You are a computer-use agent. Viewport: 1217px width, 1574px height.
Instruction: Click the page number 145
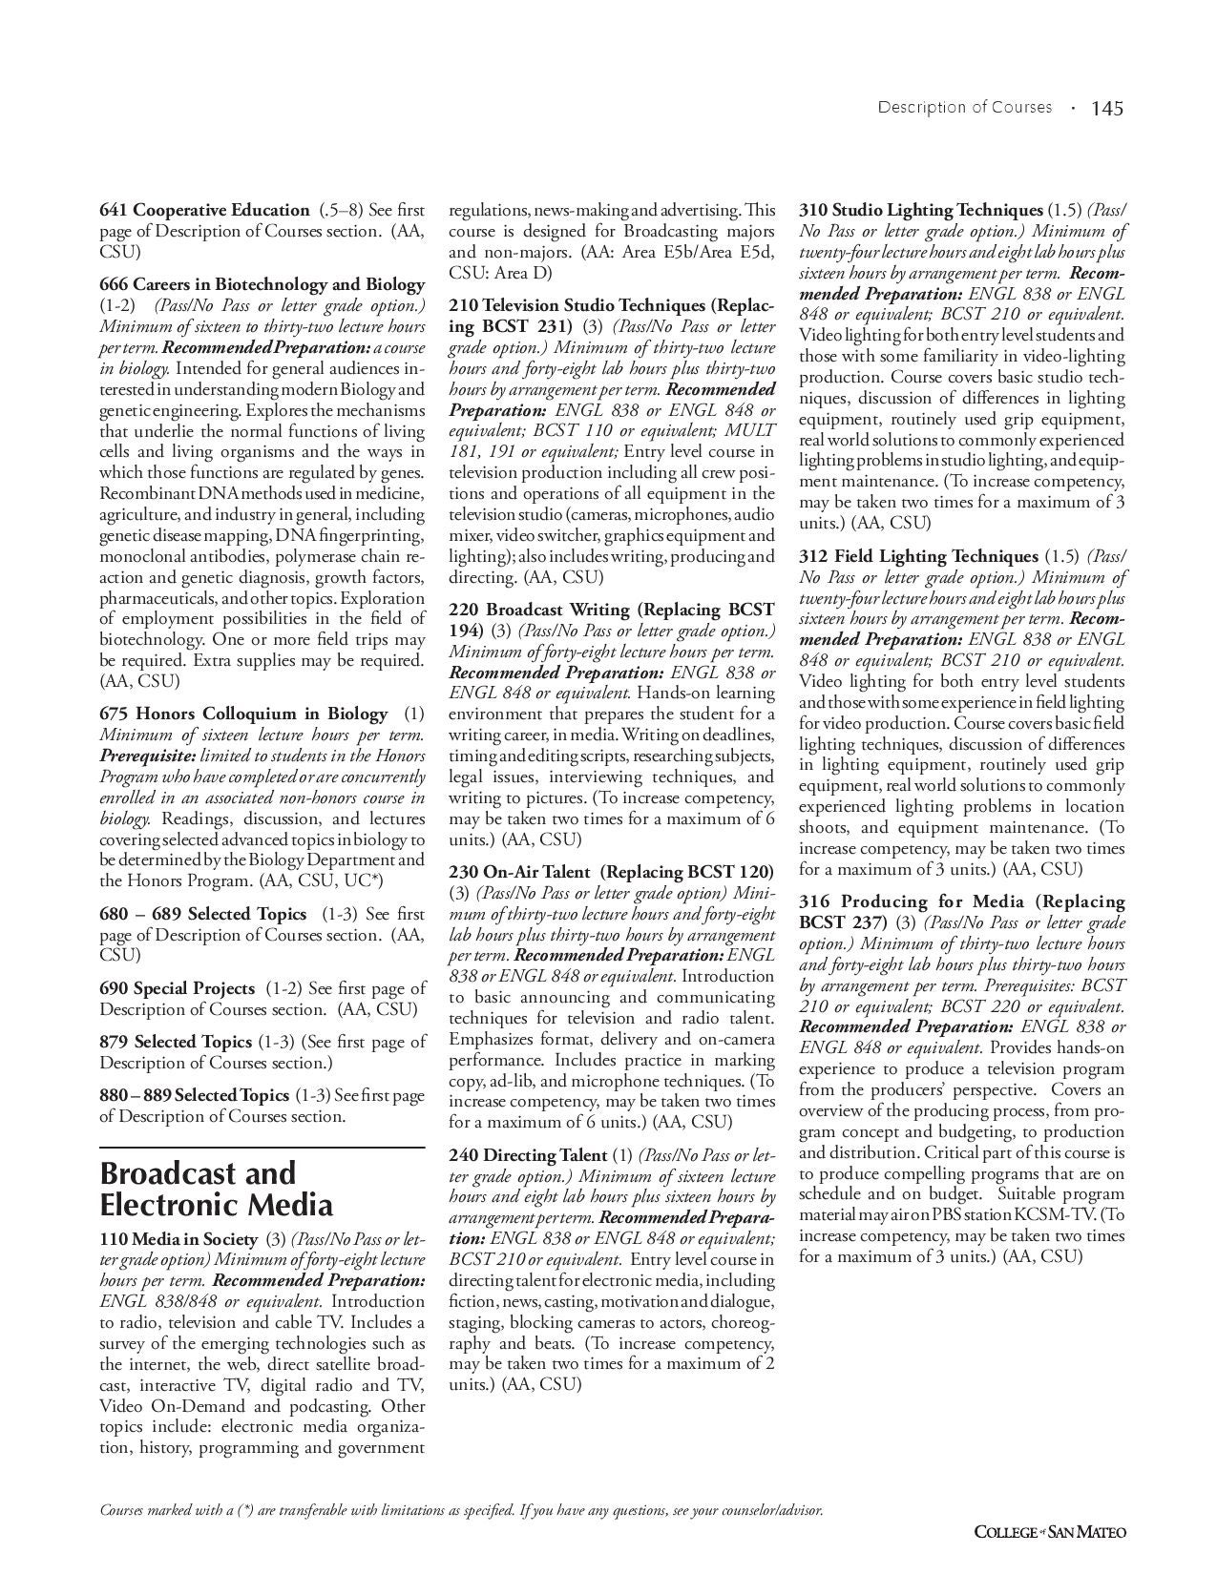1107,109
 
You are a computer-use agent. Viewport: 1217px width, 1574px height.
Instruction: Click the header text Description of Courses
964,108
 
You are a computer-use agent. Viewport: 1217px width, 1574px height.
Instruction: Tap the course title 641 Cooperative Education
204,210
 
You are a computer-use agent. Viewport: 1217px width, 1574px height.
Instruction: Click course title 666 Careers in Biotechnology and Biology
262,284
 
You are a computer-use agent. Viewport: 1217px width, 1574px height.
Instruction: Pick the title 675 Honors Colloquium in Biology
243,714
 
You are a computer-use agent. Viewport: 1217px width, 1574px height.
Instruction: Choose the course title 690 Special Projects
177,988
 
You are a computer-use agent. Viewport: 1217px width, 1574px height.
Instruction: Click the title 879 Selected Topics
176,1042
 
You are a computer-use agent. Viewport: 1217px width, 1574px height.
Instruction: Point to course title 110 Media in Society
178,1239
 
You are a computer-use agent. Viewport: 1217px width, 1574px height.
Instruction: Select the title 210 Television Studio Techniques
611,306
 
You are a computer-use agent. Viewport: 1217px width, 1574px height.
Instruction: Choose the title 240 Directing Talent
528,1155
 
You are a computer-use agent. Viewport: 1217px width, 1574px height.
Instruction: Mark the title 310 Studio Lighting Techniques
920,210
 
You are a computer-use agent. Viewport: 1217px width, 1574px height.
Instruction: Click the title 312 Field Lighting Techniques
918,556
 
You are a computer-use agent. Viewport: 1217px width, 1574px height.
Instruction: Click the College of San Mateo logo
1049,1532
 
